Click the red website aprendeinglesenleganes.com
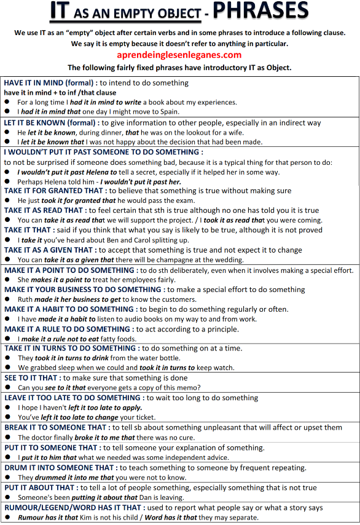(x=179, y=55)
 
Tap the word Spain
(x=167, y=112)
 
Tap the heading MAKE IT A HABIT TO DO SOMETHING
(x=69, y=309)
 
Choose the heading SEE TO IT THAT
(x=31, y=377)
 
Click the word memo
(x=187, y=387)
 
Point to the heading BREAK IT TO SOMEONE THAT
(x=55, y=427)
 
